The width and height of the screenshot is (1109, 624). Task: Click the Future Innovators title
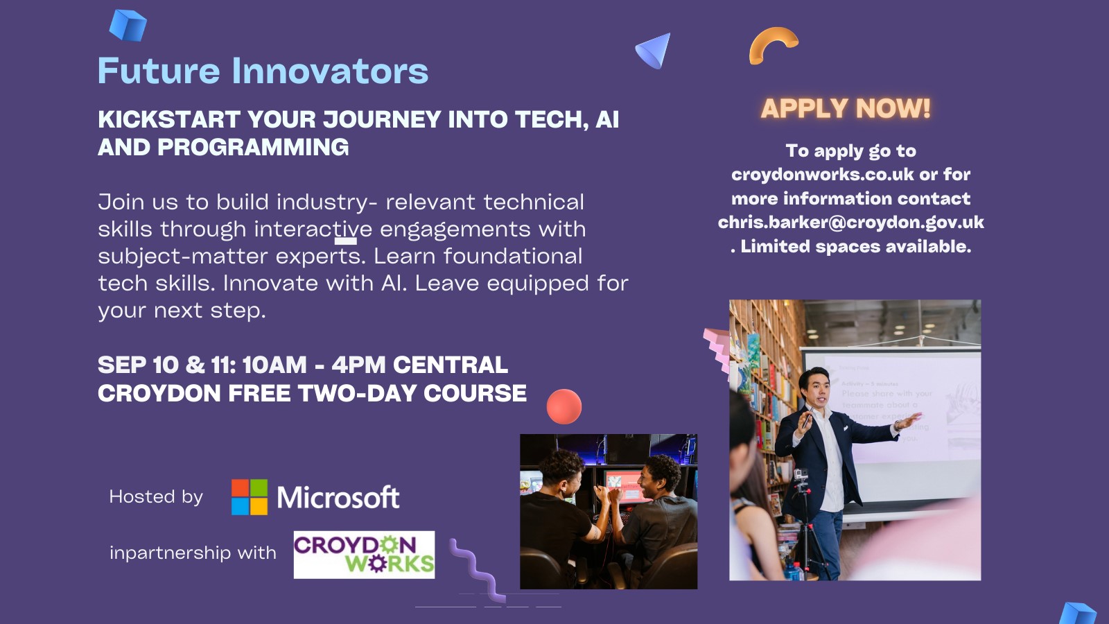pyautogui.click(x=263, y=71)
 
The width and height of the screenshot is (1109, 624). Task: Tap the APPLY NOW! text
pyautogui.click(x=846, y=108)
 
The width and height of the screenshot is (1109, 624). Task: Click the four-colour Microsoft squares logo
pyautogui.click(x=250, y=497)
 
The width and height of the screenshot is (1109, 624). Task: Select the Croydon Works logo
pyautogui.click(x=364, y=555)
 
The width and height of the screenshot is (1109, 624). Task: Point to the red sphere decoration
pyautogui.click(x=564, y=406)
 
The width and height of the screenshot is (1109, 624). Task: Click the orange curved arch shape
pyautogui.click(x=772, y=43)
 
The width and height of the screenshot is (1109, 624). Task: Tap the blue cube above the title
pyautogui.click(x=128, y=25)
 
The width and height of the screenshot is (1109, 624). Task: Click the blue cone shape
pyautogui.click(x=655, y=50)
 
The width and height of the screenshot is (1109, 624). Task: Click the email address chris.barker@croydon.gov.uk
pyautogui.click(x=851, y=223)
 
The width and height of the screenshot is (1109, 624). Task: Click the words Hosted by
pyautogui.click(x=156, y=496)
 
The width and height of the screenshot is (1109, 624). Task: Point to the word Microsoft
pyautogui.click(x=338, y=497)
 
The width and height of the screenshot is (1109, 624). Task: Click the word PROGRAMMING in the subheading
pyautogui.click(x=253, y=148)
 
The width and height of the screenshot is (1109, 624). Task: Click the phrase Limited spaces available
pyautogui.click(x=856, y=247)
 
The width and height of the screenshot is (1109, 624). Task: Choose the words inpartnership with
pyautogui.click(x=193, y=553)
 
